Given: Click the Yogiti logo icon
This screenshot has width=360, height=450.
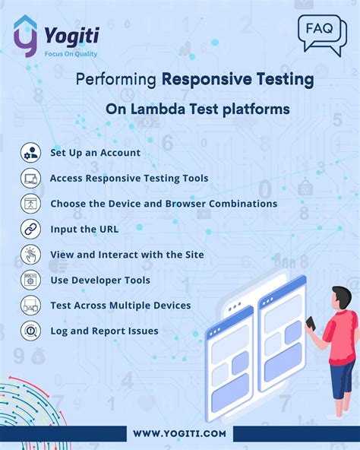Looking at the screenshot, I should coord(25,36).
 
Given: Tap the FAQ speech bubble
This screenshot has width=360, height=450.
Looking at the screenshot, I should coord(320,32).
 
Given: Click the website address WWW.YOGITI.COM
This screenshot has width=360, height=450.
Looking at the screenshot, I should coord(180,433).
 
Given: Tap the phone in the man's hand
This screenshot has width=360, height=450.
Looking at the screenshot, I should coord(310,323).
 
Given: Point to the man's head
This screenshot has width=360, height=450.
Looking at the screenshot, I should coord(342,296).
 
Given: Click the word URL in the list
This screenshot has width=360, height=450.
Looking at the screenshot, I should coord(107,229).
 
